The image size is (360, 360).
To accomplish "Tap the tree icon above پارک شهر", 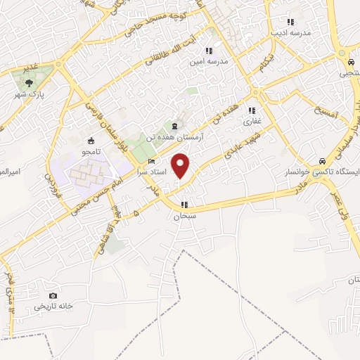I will coord(29,83).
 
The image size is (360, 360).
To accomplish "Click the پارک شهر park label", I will coord(30,94).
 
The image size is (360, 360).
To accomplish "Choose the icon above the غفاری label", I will coord(252,110).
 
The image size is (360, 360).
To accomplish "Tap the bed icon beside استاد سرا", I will coord(152,162).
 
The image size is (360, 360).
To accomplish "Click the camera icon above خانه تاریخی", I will coord(52,296).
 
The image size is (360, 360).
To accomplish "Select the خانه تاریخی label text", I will coord(53,307).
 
